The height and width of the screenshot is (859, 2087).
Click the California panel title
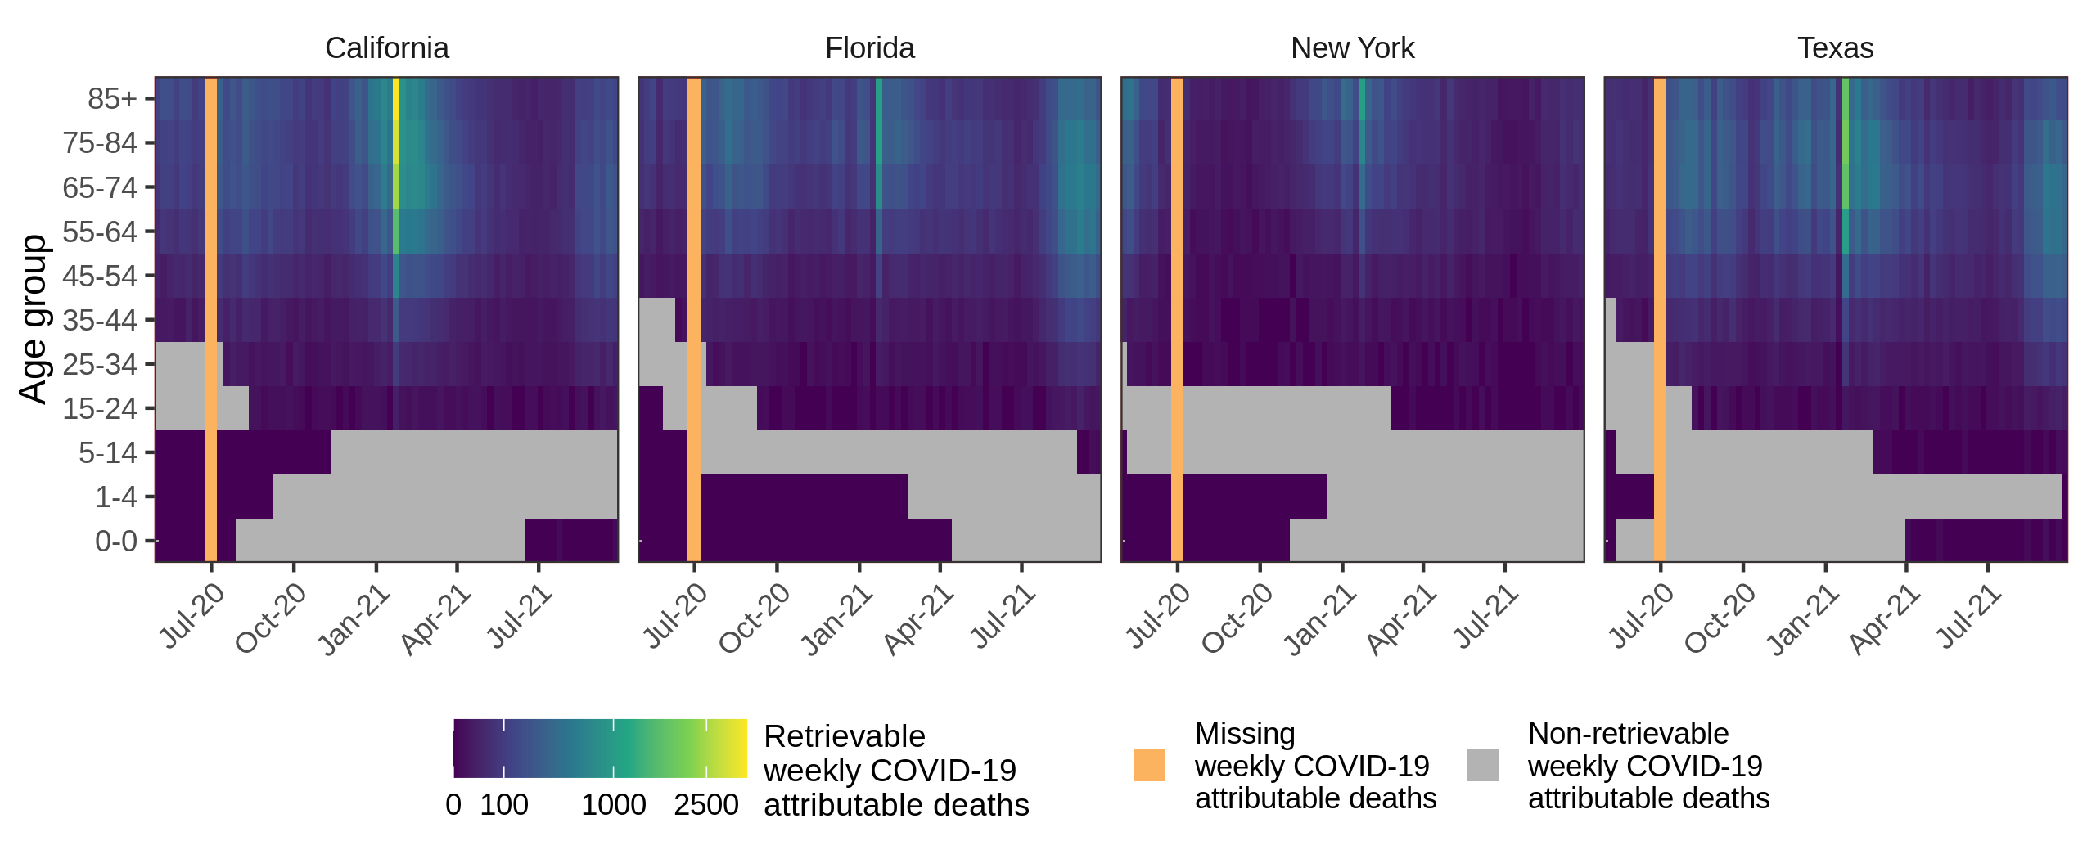point(386,48)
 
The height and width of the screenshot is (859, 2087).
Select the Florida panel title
point(869,48)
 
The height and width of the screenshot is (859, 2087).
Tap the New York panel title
point(1352,48)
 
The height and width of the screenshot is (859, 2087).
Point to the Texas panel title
point(1835,48)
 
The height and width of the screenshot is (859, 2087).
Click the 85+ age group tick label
point(112,99)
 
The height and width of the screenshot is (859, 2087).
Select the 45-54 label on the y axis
point(100,276)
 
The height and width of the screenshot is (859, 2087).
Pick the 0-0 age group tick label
point(116,541)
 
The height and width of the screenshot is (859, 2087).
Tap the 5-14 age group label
point(108,452)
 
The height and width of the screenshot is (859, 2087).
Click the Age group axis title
point(33,319)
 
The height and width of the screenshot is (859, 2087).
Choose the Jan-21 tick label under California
point(354,620)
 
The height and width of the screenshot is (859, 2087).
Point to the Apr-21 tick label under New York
point(1401,620)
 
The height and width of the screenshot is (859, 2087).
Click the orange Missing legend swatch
point(1149,766)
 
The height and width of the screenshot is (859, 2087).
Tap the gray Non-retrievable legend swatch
point(1482,766)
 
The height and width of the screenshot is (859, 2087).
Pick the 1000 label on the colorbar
point(614,805)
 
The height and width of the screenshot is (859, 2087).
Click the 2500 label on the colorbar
point(706,805)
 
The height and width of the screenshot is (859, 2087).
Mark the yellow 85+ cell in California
point(396,99)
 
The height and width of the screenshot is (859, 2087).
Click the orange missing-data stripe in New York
point(1177,319)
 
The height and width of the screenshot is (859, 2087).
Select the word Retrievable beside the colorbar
point(844,736)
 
